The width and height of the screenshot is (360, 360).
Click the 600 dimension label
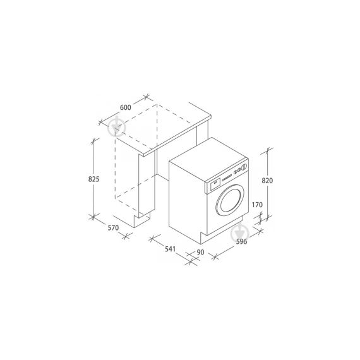tap(125, 108)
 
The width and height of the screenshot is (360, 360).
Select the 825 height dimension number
tap(93, 179)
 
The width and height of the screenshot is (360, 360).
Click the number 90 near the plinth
tap(201, 253)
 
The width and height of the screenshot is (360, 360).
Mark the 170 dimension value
tap(256, 204)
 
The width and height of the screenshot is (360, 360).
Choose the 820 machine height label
tap(267, 180)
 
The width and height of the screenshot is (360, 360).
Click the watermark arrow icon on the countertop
tap(116, 126)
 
